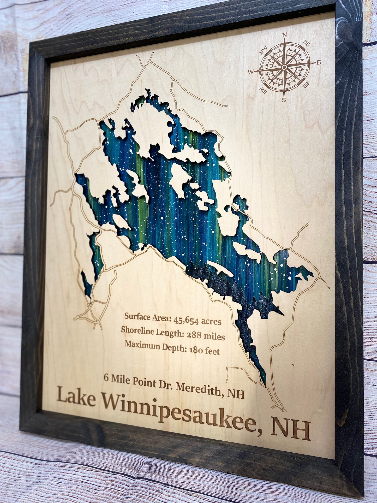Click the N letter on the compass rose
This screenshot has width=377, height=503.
pyautogui.click(x=285, y=34)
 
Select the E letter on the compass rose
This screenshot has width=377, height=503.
pyautogui.click(x=319, y=62)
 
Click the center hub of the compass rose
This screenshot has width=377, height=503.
pyautogui.click(x=284, y=67)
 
